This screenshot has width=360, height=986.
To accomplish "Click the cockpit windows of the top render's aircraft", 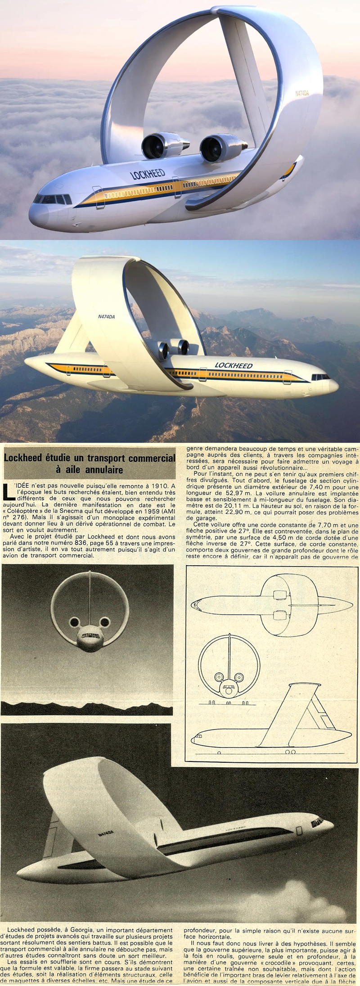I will pos(53,199).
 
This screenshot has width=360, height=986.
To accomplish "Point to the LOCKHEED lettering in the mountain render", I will pos(234,365).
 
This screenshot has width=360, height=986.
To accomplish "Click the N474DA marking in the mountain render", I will pos(106,317).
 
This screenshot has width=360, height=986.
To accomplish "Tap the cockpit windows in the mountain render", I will pos(320,376).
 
